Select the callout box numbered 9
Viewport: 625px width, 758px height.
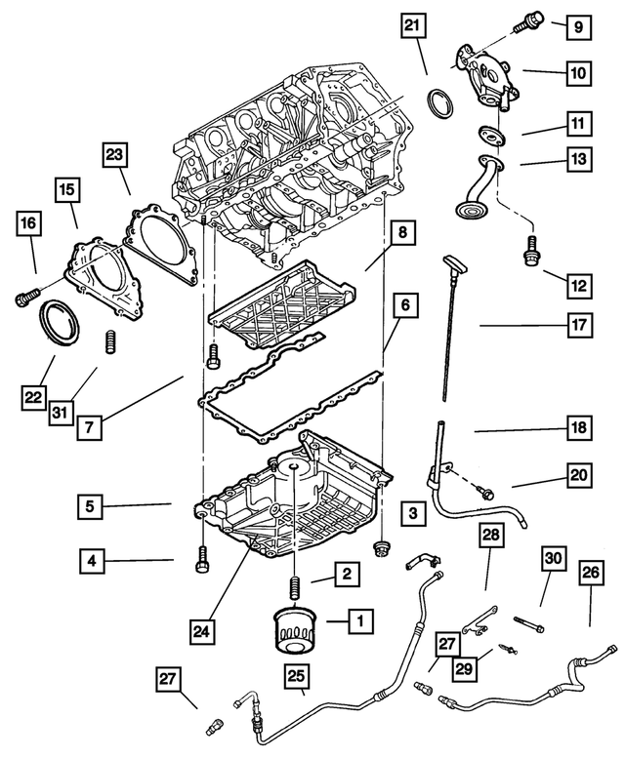click(x=577, y=27)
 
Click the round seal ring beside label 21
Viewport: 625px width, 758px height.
click(x=442, y=100)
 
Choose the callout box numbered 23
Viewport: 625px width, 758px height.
click(x=114, y=153)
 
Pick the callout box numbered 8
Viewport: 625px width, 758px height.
click(x=400, y=233)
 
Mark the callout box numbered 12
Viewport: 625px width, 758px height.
click(x=578, y=286)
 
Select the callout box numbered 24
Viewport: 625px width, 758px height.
click(x=201, y=631)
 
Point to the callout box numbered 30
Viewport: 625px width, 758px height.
click(x=553, y=558)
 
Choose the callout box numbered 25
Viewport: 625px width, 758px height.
click(x=295, y=674)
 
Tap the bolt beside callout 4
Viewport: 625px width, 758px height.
click(x=202, y=559)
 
